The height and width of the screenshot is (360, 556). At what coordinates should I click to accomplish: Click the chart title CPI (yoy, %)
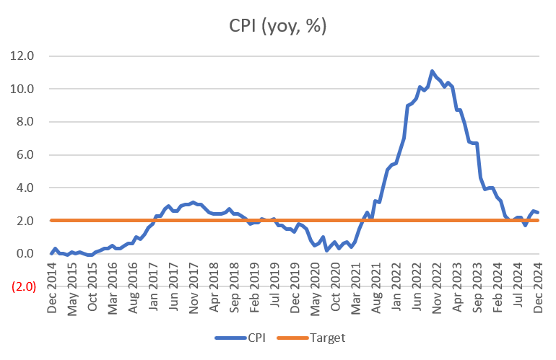[x=278, y=27]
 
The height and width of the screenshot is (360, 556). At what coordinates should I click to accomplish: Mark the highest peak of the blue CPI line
[x=432, y=71]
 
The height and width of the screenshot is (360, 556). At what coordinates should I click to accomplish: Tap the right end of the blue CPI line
[x=539, y=212]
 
